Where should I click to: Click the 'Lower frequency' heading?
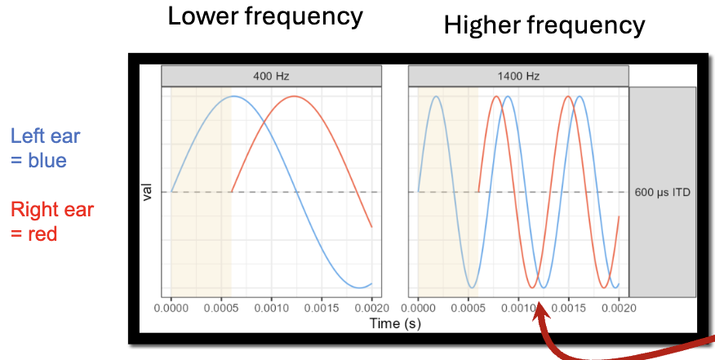[x=265, y=17]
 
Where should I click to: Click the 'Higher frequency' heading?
[x=544, y=25]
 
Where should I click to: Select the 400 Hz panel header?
[x=272, y=76]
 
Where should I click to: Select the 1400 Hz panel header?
[x=518, y=76]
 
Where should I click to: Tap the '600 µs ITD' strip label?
[x=662, y=193]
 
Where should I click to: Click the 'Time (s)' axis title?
[x=394, y=323]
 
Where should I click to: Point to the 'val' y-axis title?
[x=149, y=193]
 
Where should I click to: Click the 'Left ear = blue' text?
[x=46, y=148]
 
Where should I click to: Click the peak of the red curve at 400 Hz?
[x=295, y=96]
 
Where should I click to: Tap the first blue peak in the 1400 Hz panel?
[x=437, y=96]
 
